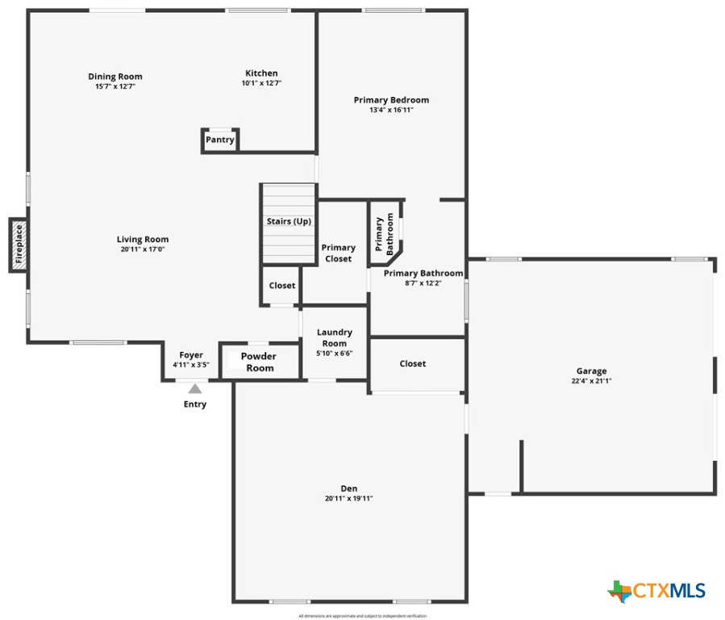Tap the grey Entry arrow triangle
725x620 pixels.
(x=195, y=389)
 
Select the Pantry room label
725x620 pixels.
(x=219, y=140)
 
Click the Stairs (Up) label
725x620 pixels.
(x=289, y=221)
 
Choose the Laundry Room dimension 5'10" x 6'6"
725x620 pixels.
(x=334, y=353)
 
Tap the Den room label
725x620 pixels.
(x=348, y=488)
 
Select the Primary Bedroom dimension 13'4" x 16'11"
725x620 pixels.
(x=391, y=110)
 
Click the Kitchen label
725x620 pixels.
(x=261, y=73)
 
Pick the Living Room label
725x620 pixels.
(x=143, y=239)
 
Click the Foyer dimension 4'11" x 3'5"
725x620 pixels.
(x=191, y=365)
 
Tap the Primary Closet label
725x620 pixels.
(x=338, y=253)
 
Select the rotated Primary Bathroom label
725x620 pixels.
(x=385, y=235)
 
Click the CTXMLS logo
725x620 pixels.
(x=656, y=591)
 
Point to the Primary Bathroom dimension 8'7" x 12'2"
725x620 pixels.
(x=423, y=283)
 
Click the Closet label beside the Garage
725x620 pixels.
(x=413, y=364)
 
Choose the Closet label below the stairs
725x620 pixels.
(x=282, y=286)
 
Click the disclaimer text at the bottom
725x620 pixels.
(x=362, y=616)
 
